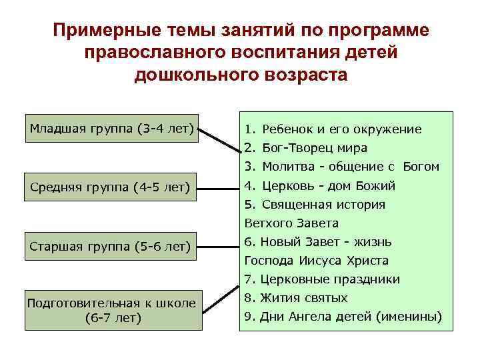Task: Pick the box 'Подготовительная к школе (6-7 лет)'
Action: [x=113, y=310]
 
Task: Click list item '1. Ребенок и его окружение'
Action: [x=333, y=129]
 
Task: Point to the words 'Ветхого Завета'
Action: [x=291, y=223]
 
